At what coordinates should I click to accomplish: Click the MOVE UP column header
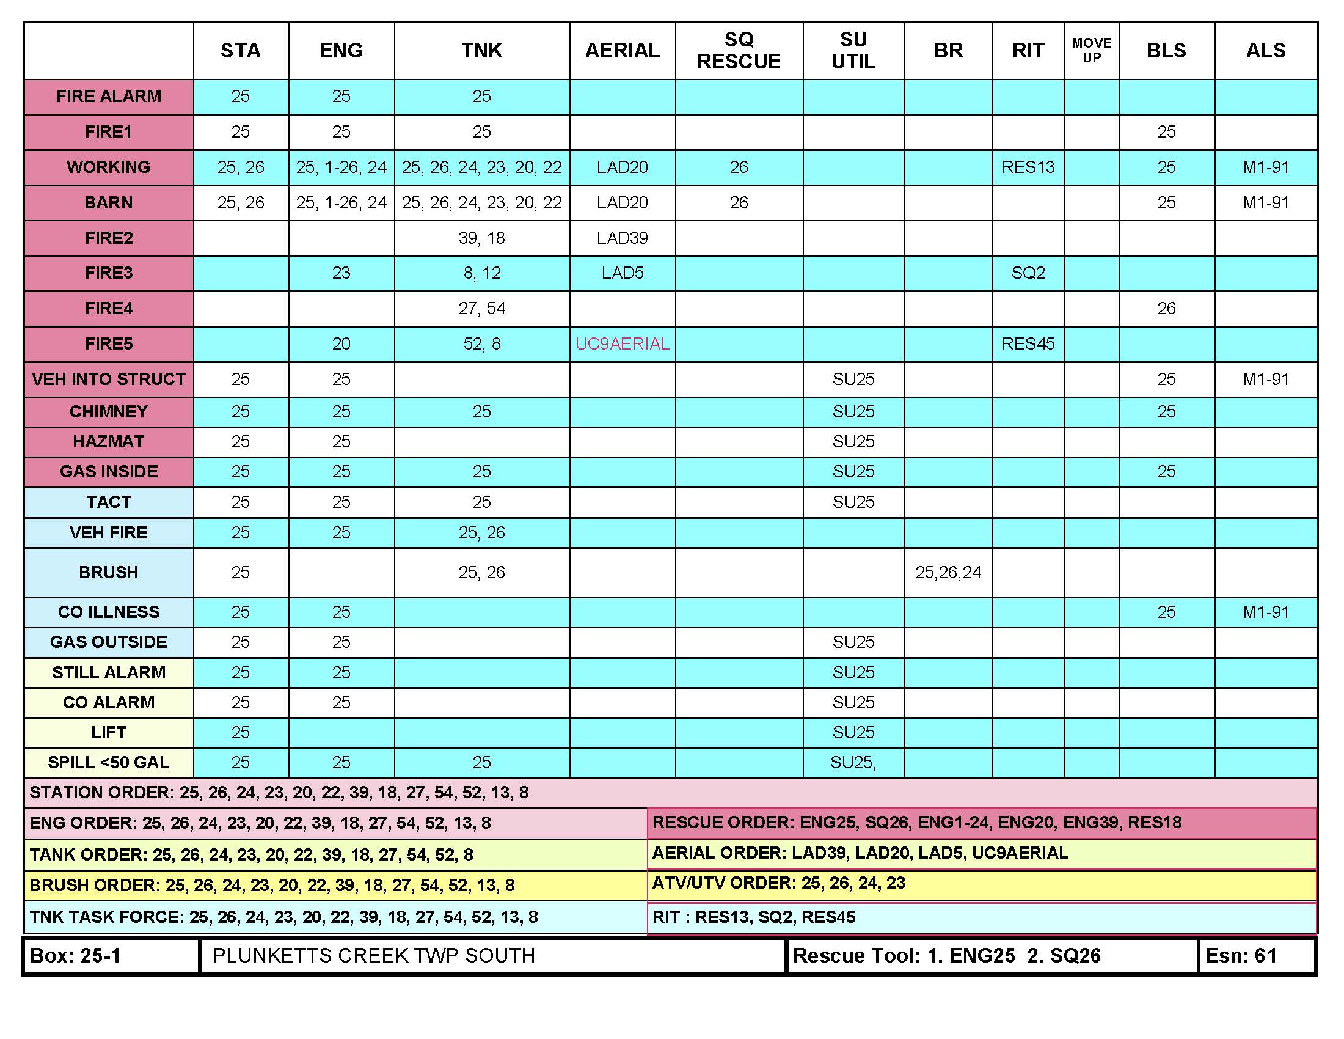(1091, 51)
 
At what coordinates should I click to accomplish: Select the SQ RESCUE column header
(739, 51)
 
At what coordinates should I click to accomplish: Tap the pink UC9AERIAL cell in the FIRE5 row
(622, 343)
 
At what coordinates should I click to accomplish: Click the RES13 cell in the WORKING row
(1028, 167)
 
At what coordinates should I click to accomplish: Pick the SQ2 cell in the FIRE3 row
(1028, 273)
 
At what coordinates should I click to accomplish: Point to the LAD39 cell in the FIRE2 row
(622, 238)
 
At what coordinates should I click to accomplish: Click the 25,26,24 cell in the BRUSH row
(948, 573)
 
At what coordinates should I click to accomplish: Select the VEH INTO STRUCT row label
(109, 379)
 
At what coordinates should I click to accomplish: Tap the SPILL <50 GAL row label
(109, 763)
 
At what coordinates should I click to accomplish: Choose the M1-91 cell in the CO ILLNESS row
(1266, 612)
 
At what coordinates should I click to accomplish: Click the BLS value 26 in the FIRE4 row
(1166, 309)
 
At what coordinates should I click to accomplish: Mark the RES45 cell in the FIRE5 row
(1028, 343)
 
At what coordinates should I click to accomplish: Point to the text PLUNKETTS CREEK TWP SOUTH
(373, 955)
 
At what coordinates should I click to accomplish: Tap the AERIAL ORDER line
(860, 853)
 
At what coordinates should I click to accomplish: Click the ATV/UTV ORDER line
(778, 883)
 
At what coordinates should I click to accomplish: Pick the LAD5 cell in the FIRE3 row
(622, 273)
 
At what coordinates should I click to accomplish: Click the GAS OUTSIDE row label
(109, 642)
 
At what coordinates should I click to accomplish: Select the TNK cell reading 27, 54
(482, 309)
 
